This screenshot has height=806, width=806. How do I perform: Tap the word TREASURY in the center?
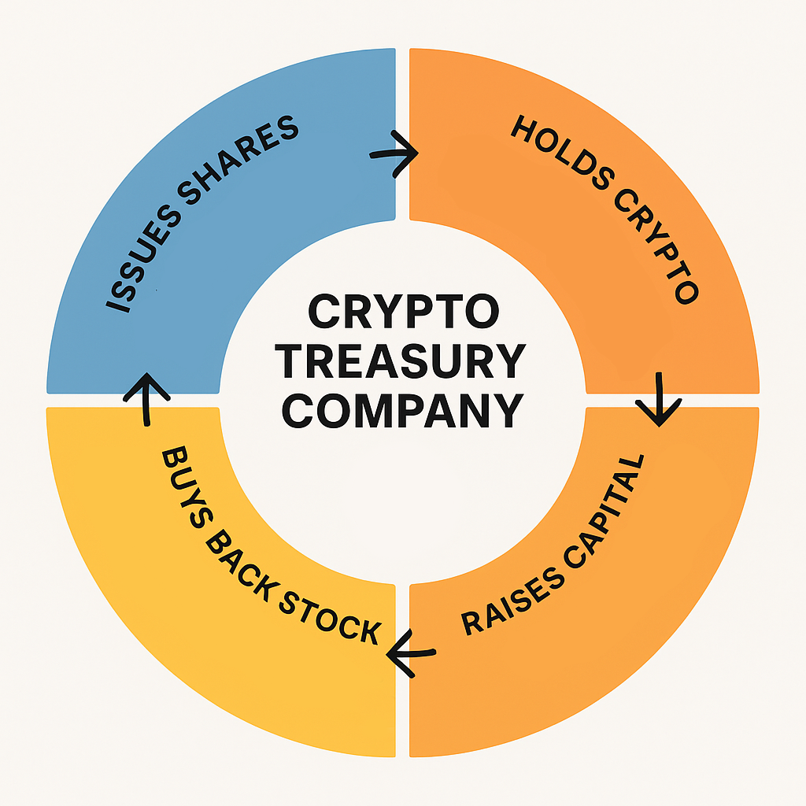(402, 362)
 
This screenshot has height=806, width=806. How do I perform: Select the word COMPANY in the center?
(402, 410)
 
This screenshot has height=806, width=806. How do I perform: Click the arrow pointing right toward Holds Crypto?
(395, 153)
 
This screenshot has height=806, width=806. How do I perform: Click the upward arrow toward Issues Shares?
(146, 398)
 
